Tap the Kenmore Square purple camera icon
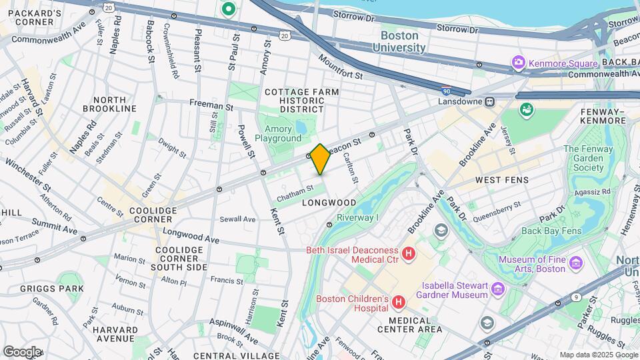[518, 63]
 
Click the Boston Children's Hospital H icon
[399, 303]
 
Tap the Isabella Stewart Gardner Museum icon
[497, 289]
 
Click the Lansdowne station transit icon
[489, 101]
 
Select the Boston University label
[399, 41]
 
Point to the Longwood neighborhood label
[329, 202]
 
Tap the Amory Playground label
[283, 133]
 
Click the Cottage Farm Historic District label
[301, 100]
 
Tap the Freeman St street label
[211, 105]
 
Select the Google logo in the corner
[21, 351]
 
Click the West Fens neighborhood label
[501, 180]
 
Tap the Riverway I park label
[357, 217]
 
